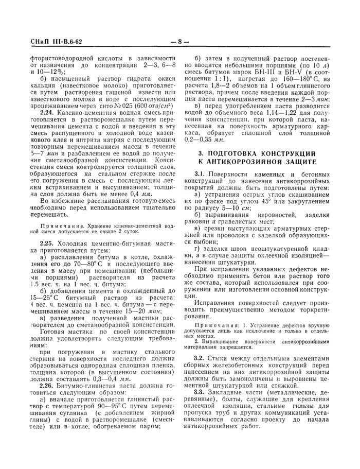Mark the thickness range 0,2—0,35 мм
pos(203,139)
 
